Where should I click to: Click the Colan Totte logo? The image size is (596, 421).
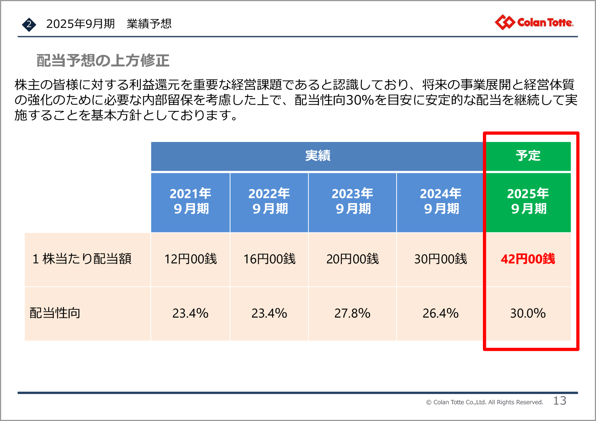click(x=534, y=23)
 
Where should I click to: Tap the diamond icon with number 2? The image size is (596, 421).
click(x=29, y=24)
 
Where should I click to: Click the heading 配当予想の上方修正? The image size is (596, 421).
click(x=103, y=61)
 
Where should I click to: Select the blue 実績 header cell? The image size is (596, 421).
click(x=317, y=156)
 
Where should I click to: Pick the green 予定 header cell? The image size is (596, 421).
click(x=528, y=156)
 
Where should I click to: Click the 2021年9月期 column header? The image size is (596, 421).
click(x=191, y=201)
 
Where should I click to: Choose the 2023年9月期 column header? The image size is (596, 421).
click(x=352, y=201)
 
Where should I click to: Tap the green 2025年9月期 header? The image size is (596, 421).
click(x=528, y=201)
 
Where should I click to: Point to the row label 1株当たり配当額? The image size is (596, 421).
click(x=82, y=259)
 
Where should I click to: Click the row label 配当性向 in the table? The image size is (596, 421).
click(x=55, y=313)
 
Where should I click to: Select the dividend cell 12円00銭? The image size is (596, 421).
click(x=191, y=259)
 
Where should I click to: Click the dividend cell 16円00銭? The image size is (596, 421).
click(x=269, y=259)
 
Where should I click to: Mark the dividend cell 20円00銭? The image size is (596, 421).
click(x=352, y=259)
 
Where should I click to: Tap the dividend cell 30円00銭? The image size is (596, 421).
click(x=441, y=259)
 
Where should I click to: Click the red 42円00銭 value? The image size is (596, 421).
click(x=528, y=259)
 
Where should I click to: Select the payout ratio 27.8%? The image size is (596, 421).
click(x=352, y=313)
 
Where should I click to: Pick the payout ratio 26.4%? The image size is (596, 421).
click(x=441, y=313)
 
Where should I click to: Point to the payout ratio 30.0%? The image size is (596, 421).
click(x=528, y=313)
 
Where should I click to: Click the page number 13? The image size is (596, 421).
click(x=560, y=401)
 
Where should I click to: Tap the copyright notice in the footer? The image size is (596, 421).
click(x=484, y=402)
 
